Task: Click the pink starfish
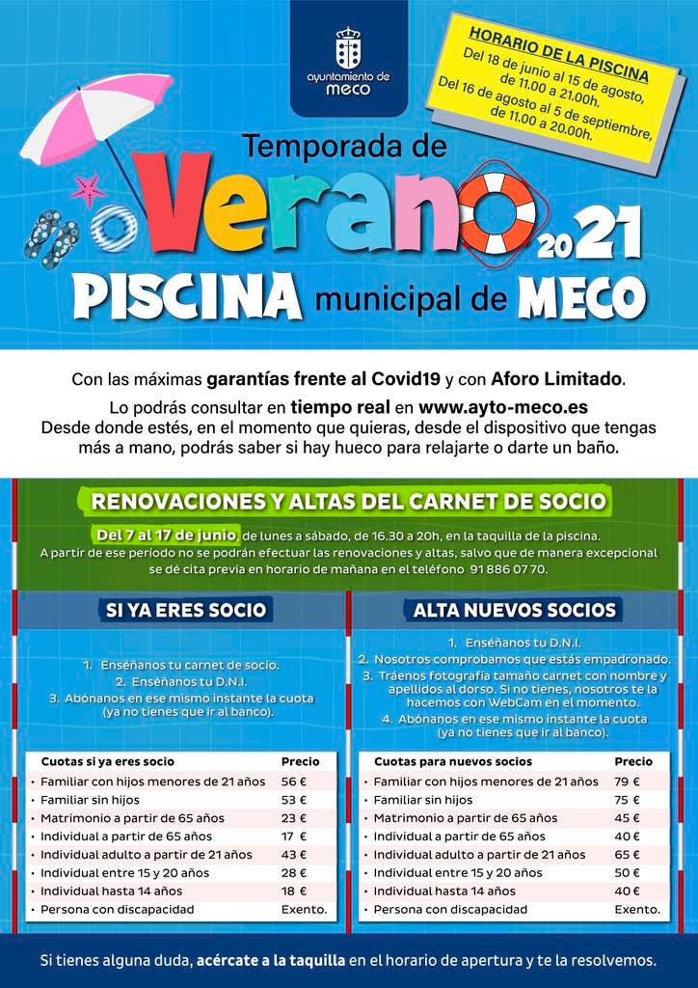coord(89,189)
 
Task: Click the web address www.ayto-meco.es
coord(503,406)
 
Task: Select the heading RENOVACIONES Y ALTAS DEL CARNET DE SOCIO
coord(348,501)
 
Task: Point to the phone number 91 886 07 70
coord(509,569)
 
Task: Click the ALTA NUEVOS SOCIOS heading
coord(514,610)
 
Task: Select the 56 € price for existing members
coord(293,782)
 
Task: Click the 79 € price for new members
coord(628,782)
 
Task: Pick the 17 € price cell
coord(293,837)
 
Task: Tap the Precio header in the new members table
coord(633,761)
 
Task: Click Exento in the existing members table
coord(304,910)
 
